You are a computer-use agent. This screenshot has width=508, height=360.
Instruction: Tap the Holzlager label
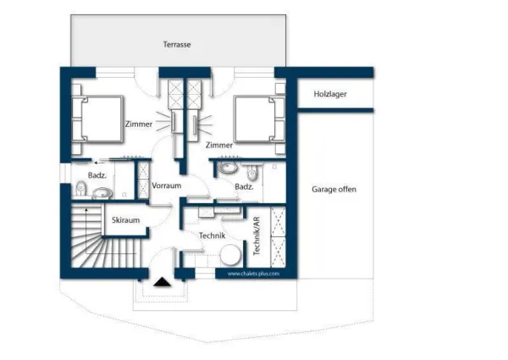(x=330, y=94)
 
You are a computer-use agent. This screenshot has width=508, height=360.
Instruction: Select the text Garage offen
(x=334, y=190)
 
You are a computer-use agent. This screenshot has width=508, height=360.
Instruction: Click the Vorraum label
(x=167, y=186)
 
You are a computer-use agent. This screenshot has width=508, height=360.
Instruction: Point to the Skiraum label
(x=125, y=220)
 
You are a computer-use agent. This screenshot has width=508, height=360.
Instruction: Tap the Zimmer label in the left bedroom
(x=138, y=125)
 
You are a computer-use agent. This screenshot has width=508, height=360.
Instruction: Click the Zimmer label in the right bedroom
(x=218, y=145)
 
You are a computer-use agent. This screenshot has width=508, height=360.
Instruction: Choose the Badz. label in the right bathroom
(x=245, y=186)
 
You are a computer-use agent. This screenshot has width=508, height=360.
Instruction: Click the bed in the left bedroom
(x=99, y=119)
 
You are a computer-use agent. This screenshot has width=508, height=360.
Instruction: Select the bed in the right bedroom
(x=259, y=119)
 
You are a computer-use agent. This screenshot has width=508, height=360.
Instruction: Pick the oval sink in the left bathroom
(x=103, y=193)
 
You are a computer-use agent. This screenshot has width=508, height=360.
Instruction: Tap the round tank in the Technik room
(x=229, y=256)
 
